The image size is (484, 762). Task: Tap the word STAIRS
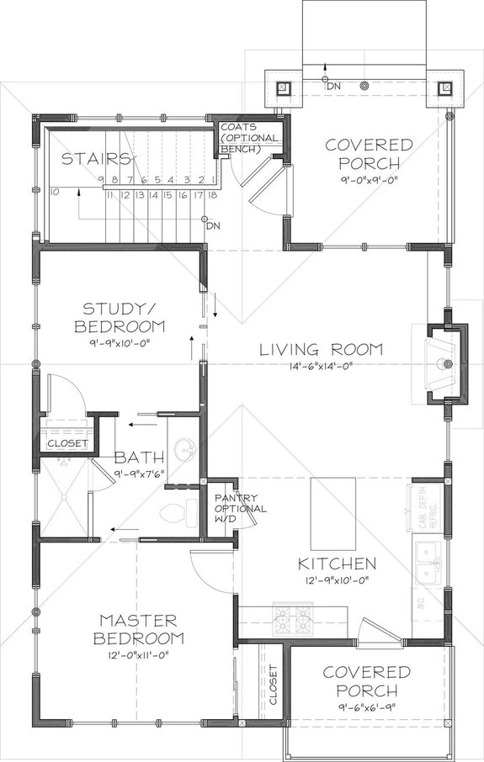89,157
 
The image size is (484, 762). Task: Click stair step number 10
54,192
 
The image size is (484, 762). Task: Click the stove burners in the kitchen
292,624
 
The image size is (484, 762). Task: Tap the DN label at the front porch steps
333,86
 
